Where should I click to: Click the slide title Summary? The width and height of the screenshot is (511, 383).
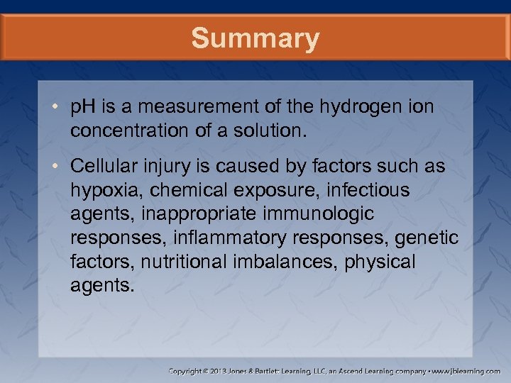coord(255,38)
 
